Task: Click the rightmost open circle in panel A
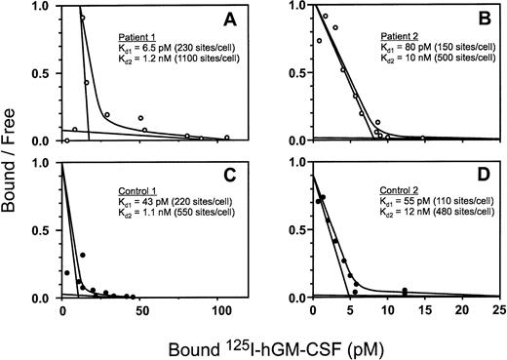226,138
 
